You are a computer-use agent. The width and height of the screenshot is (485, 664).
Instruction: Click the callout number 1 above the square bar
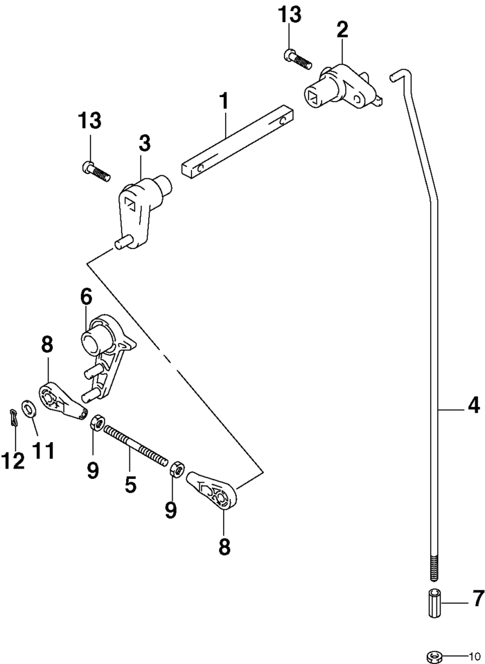click(224, 102)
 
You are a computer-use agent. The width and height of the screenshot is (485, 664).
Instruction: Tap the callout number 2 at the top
click(342, 30)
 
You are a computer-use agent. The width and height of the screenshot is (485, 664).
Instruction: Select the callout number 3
click(144, 144)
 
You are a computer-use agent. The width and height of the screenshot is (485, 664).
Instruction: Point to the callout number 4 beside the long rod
click(473, 407)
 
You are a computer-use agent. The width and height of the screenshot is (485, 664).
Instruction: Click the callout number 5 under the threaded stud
click(131, 483)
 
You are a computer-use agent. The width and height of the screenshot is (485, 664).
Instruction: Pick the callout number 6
click(86, 297)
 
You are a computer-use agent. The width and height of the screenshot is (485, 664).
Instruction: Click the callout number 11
click(43, 449)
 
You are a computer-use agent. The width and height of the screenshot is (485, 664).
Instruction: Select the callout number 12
click(12, 460)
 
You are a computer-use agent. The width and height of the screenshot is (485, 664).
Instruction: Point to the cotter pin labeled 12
click(14, 418)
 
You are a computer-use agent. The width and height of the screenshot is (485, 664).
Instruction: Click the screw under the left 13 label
click(96, 172)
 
